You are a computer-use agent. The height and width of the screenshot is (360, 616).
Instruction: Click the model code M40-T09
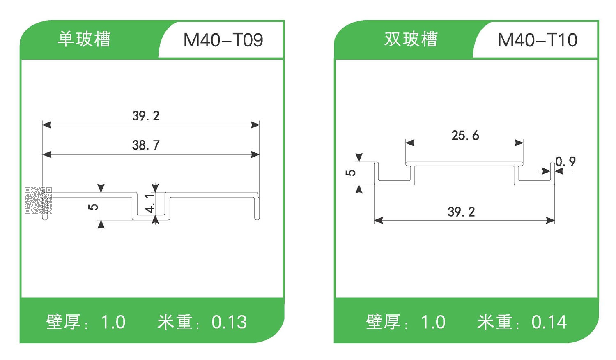223,40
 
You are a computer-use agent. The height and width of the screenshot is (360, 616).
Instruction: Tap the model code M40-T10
537,40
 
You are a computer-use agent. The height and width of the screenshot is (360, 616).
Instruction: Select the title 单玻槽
84,39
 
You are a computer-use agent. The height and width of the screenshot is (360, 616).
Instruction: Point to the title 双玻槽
411,39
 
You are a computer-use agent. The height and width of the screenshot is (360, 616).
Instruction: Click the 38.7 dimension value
146,145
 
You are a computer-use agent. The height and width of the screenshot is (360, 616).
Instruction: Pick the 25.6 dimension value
465,135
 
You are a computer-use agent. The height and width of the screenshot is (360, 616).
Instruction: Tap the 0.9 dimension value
565,162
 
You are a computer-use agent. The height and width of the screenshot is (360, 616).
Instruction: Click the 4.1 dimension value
150,203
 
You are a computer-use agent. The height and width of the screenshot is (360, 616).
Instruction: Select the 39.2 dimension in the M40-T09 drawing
146,116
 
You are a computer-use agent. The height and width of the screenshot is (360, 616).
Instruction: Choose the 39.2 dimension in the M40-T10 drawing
461,212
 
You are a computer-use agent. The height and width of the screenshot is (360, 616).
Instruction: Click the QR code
38,201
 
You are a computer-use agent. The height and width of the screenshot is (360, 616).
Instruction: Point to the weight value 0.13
229,322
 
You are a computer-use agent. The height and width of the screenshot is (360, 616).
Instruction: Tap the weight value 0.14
549,322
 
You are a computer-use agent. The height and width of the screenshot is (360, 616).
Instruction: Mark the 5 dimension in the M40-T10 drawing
350,173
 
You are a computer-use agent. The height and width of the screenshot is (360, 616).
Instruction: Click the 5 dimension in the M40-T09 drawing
93,206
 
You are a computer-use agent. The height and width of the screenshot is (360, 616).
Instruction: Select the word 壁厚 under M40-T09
63,322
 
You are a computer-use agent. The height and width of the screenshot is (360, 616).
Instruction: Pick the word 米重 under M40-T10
495,322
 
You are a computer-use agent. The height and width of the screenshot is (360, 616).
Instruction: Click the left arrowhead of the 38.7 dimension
47,155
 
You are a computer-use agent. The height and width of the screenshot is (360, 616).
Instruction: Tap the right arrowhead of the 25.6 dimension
519,143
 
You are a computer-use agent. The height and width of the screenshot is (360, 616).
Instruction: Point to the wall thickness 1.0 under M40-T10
433,322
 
